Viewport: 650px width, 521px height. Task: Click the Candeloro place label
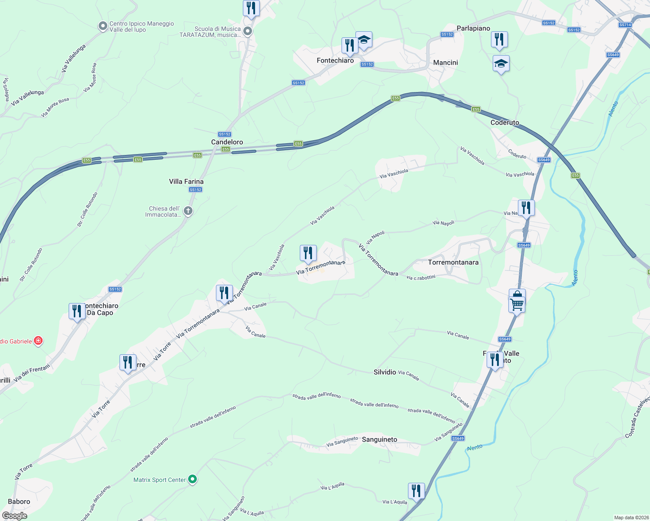click(x=227, y=142)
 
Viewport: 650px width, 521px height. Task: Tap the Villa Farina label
click(x=186, y=181)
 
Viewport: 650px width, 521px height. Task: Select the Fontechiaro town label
click(x=335, y=60)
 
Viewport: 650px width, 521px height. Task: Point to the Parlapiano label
click(x=473, y=28)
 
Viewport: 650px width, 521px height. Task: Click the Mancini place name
click(x=445, y=63)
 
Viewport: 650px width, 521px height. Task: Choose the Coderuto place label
click(x=504, y=122)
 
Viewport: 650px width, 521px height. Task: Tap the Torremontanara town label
click(x=453, y=262)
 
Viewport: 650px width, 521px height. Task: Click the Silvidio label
click(x=385, y=372)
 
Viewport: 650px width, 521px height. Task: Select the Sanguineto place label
click(x=379, y=439)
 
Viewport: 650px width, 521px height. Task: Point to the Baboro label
click(x=19, y=501)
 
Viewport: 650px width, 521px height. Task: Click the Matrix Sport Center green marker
click(x=192, y=480)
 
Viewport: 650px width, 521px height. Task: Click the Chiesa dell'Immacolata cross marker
click(x=188, y=211)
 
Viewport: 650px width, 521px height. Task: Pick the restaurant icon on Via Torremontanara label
click(x=308, y=253)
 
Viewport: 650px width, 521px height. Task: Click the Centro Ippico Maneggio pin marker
click(x=103, y=26)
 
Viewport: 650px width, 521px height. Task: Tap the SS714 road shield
click(x=625, y=25)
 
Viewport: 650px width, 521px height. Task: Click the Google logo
click(x=14, y=515)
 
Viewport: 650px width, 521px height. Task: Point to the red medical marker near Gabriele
click(x=38, y=341)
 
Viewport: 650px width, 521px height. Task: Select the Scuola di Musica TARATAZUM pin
click(x=248, y=31)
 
